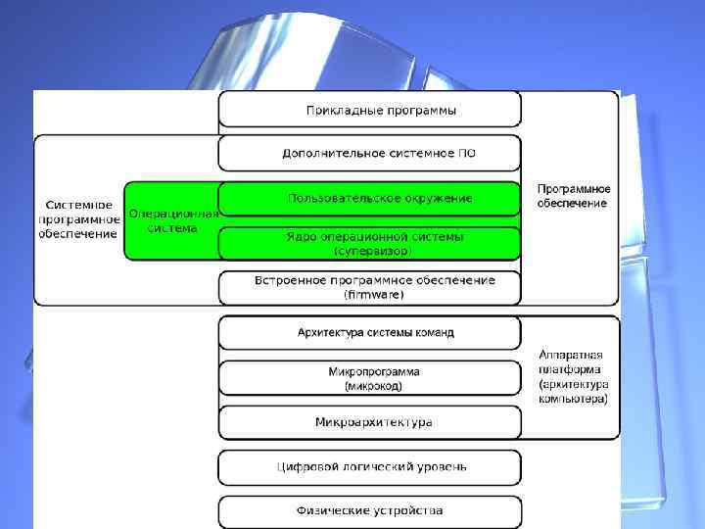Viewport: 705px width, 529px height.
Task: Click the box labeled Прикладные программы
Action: tap(368, 110)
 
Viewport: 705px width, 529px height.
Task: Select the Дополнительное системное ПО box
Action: tap(368, 154)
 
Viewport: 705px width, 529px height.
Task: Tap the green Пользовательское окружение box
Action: tap(368, 199)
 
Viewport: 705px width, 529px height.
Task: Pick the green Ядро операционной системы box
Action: tap(368, 243)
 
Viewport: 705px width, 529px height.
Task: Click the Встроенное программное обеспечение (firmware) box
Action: tap(368, 287)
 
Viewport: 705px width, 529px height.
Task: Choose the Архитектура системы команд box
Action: tap(368, 333)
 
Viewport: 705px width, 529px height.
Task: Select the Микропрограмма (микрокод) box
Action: tap(368, 378)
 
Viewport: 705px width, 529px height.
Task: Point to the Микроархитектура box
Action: tap(368, 422)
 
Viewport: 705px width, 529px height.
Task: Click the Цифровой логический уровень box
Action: tap(368, 467)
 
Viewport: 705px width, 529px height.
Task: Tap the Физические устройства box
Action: tap(368, 510)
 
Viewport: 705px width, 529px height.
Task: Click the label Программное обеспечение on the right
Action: tap(573, 196)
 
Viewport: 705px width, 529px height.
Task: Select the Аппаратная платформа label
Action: tap(573, 377)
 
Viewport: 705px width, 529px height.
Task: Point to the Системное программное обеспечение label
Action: tap(79, 219)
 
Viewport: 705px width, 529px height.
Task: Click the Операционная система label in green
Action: tap(172, 220)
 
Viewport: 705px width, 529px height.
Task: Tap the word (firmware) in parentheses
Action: tap(374, 294)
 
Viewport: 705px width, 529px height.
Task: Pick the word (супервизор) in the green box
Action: tap(374, 251)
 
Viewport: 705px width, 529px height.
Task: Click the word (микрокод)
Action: tap(374, 386)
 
